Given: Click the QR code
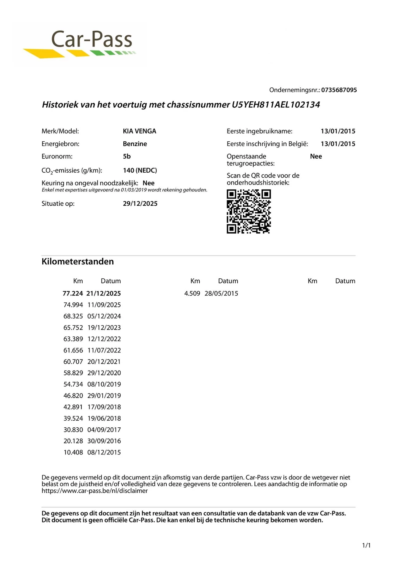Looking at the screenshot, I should [x=249, y=211].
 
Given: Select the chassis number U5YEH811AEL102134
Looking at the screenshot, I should [x=276, y=104].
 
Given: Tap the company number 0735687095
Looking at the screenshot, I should [x=339, y=90].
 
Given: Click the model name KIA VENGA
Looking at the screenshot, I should [x=139, y=131].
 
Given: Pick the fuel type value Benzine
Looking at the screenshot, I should [x=135, y=144].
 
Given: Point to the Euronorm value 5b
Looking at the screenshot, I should [x=127, y=156].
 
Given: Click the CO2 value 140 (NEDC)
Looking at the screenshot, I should [x=140, y=170].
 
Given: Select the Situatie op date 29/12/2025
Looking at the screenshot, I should [x=140, y=204].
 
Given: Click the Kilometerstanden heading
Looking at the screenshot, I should [x=78, y=262].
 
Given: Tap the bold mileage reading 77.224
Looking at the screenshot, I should [x=73, y=293].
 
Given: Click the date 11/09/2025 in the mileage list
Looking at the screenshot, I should [x=104, y=305].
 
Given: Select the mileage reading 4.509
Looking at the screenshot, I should [x=192, y=293].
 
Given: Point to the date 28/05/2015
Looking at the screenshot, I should [x=221, y=293].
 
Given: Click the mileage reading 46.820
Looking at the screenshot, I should [x=73, y=396].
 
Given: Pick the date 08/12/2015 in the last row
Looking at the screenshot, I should [x=104, y=453].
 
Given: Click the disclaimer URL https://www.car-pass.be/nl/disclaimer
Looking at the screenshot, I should [x=95, y=491].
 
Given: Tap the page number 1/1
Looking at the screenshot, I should [x=366, y=546].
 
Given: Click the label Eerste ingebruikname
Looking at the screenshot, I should [x=259, y=131].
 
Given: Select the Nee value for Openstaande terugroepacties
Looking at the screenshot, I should [x=316, y=156].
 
